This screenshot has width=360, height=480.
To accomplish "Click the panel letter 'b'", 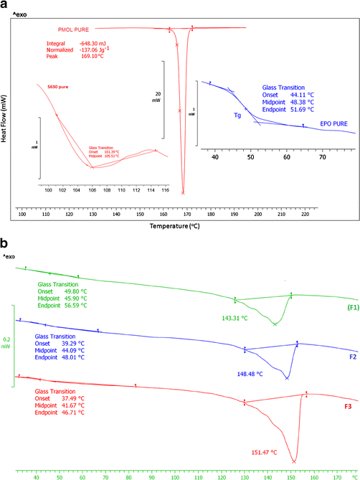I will click(6, 244).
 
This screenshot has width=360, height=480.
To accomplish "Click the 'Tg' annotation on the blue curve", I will click(236, 114).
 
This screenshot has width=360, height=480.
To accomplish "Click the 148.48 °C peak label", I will click(252, 373).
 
